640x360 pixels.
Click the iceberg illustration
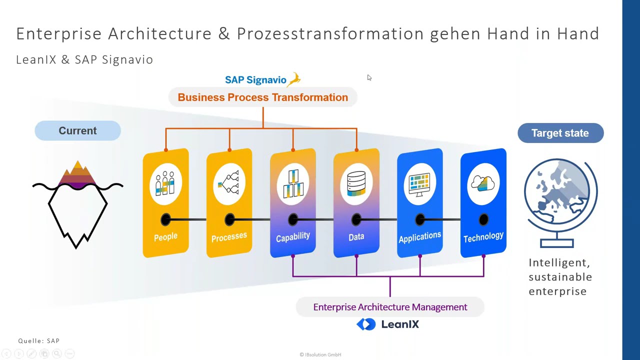pyautogui.click(x=77, y=205)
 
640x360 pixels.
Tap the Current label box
pyautogui.click(x=77, y=131)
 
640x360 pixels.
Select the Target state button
pyautogui.click(x=560, y=133)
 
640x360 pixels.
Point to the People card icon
pyautogui.click(x=165, y=183)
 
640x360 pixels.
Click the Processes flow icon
pyautogui.click(x=229, y=183)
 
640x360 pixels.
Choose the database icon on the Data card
pyautogui.click(x=356, y=183)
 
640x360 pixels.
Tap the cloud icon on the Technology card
pyautogui.click(x=483, y=183)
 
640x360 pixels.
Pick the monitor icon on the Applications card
pyautogui.click(x=420, y=183)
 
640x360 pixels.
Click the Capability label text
pyautogui.click(x=293, y=237)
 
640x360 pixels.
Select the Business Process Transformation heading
pyautogui.click(x=263, y=97)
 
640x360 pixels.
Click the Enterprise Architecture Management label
pyautogui.click(x=390, y=307)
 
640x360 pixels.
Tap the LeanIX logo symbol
pyautogui.click(x=366, y=324)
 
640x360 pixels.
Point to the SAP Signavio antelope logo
pyautogui.click(x=294, y=79)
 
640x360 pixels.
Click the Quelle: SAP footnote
pyautogui.click(x=39, y=341)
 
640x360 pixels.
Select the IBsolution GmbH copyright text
pyautogui.click(x=320, y=354)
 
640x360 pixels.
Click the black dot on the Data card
pyautogui.click(x=356, y=219)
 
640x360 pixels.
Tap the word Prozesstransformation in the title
pyautogui.click(x=330, y=33)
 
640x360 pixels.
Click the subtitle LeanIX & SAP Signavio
pyautogui.click(x=84, y=59)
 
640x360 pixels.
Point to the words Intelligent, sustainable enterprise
pyautogui.click(x=560, y=277)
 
